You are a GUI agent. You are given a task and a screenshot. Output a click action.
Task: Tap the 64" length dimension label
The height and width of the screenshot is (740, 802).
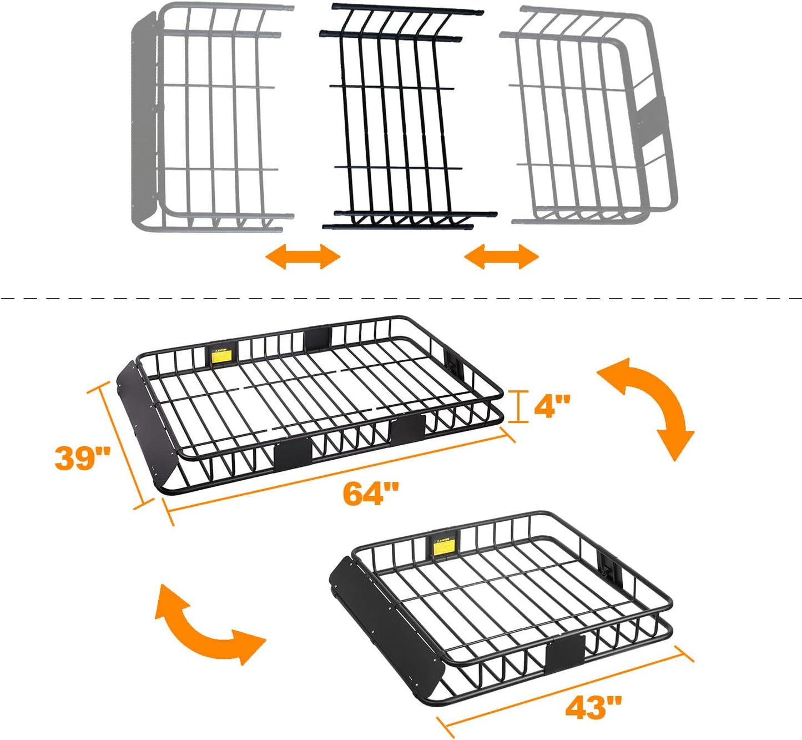click(371, 493)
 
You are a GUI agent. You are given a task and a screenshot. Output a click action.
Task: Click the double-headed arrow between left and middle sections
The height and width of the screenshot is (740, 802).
click(302, 256)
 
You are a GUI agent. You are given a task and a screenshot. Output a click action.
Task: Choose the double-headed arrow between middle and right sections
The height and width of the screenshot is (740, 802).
click(501, 256)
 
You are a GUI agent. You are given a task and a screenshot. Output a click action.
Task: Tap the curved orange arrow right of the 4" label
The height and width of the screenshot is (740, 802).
click(652, 405)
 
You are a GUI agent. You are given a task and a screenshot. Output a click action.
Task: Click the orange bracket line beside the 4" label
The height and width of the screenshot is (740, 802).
click(518, 406)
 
